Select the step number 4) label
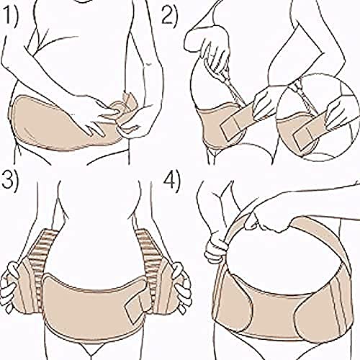[171, 182]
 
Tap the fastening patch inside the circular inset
[303, 137]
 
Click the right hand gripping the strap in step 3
[182, 287]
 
